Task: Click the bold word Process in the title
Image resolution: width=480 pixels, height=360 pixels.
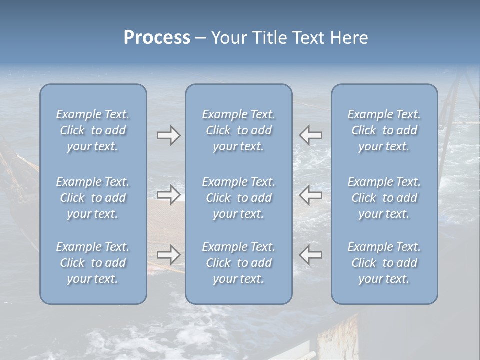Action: click(157, 38)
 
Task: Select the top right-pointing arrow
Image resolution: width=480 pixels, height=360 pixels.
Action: click(168, 135)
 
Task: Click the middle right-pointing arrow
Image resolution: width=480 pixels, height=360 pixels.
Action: click(168, 195)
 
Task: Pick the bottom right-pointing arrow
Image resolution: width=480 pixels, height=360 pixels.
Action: click(168, 255)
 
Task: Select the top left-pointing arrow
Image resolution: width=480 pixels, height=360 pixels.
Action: click(310, 135)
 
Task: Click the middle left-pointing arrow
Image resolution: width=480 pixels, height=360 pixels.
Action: click(310, 195)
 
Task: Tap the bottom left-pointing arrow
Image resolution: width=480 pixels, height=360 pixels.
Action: click(310, 255)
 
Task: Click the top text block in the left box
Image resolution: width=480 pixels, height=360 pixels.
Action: click(93, 130)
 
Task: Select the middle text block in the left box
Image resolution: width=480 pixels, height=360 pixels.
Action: click(93, 198)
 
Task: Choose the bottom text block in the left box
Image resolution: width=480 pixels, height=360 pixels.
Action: click(93, 263)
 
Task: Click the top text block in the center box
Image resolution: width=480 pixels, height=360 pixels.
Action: click(238, 130)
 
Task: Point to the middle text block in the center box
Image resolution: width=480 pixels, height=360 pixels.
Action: click(238, 198)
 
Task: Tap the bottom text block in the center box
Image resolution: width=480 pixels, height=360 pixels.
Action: click(238, 263)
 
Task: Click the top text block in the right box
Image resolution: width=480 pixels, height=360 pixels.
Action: click(384, 130)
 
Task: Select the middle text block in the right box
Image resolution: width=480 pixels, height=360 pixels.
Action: click(384, 198)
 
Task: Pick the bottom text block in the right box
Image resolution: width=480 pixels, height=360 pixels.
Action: click(384, 263)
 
